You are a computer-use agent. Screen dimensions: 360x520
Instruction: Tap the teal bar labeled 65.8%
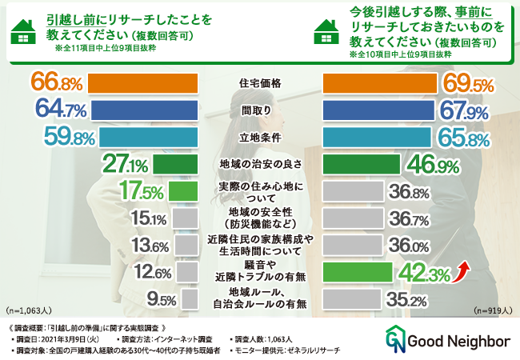pyautogui.click(x=377, y=137)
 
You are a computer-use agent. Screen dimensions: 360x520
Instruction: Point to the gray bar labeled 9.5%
pyautogui.click(x=190, y=298)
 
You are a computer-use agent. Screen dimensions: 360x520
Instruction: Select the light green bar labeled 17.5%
pyautogui.click(x=182, y=191)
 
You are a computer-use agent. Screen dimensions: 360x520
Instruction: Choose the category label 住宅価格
pyautogui.click(x=259, y=83)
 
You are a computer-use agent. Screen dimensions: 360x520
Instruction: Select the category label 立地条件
pyautogui.click(x=259, y=137)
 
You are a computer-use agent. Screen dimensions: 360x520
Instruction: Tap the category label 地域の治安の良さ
pyautogui.click(x=259, y=164)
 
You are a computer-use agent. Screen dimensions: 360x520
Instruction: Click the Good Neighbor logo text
pyautogui.click(x=459, y=342)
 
